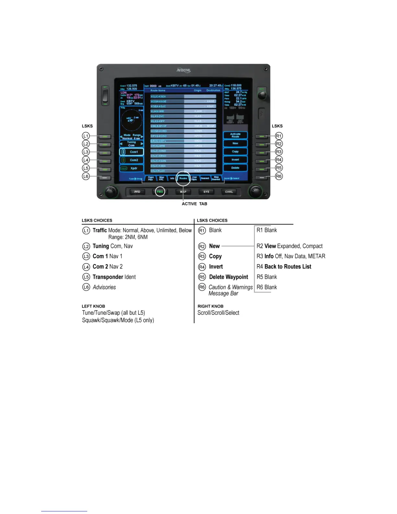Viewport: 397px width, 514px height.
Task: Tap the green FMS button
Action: click(160, 192)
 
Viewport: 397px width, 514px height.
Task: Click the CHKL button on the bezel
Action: click(229, 192)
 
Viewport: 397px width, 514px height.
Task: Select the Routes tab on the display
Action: click(183, 178)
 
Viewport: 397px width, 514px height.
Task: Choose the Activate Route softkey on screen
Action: click(235, 135)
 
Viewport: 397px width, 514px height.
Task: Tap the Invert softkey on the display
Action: click(235, 160)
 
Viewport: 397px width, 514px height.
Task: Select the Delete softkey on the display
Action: click(235, 168)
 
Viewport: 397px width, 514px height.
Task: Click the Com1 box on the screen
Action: click(132, 152)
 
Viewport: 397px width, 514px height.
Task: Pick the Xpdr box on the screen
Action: click(132, 168)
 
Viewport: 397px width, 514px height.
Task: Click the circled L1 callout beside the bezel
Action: click(86, 136)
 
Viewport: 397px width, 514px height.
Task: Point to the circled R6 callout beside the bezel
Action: click(279, 176)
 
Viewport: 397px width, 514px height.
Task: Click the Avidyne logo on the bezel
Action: click(184, 70)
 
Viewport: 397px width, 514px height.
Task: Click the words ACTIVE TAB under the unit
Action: click(194, 204)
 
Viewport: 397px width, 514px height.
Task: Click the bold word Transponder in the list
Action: click(108, 277)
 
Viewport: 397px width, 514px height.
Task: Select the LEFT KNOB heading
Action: click(93, 306)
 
